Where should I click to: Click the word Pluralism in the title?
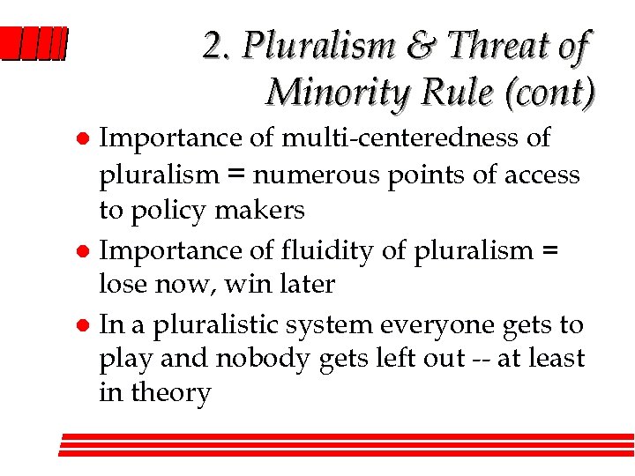pyautogui.click(x=314, y=46)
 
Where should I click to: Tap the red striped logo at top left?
pyautogui.click(x=33, y=44)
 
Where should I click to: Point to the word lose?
pyautogui.click(x=122, y=285)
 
